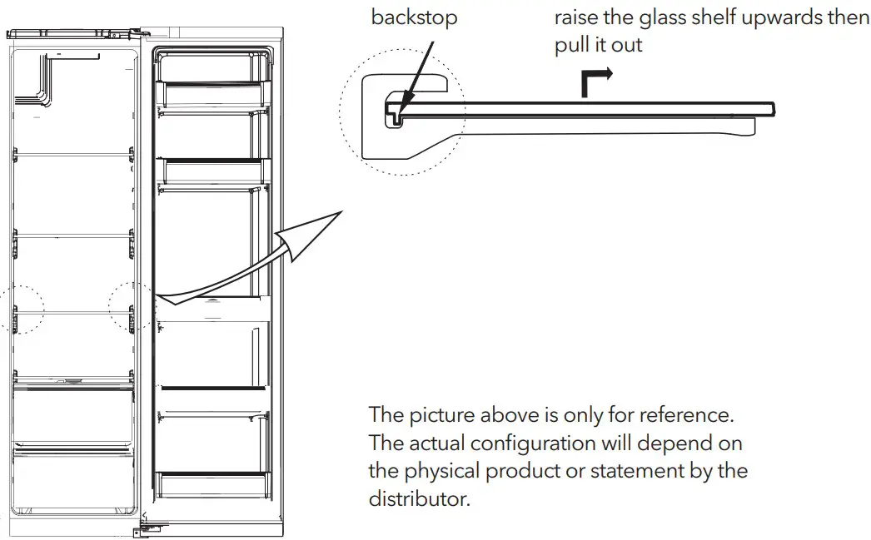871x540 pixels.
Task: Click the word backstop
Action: (414, 17)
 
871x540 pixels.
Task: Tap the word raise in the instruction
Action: (578, 17)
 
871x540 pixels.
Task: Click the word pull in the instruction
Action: (573, 45)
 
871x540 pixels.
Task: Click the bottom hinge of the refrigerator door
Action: (147, 527)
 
